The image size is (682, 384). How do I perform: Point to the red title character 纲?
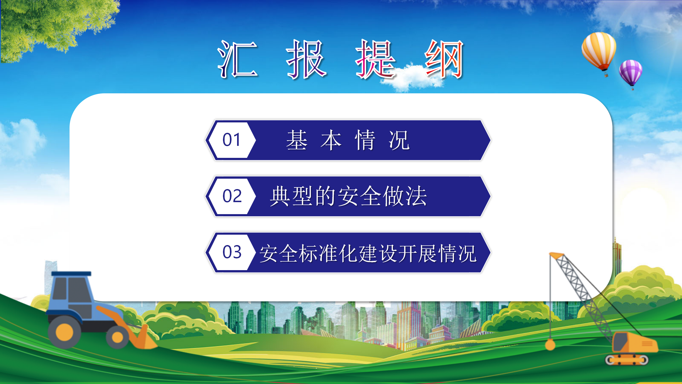(444, 59)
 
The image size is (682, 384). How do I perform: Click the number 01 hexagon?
(231, 140)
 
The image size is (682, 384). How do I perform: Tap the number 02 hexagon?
(231, 196)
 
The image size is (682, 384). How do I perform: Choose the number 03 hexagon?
(231, 252)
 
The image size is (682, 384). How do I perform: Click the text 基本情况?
(348, 140)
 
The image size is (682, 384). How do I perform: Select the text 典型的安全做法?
(348, 196)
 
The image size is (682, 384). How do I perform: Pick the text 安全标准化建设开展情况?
(368, 253)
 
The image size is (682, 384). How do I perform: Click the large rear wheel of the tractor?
(64, 332)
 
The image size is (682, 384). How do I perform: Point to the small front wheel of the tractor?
(117, 338)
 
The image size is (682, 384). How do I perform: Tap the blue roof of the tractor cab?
(71, 273)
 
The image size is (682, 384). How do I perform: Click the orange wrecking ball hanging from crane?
(550, 345)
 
